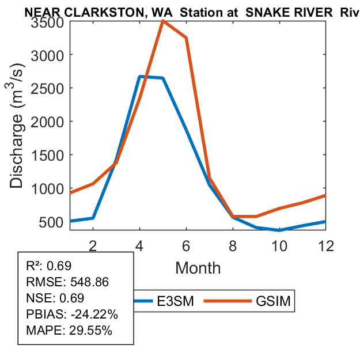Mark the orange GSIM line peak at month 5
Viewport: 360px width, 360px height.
coord(163,21)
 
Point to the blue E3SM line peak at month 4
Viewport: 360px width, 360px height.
coord(140,77)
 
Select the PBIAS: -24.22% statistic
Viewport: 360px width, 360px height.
coord(72,314)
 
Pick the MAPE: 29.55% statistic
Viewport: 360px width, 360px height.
coord(69,331)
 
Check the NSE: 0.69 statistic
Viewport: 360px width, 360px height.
coord(55,298)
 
